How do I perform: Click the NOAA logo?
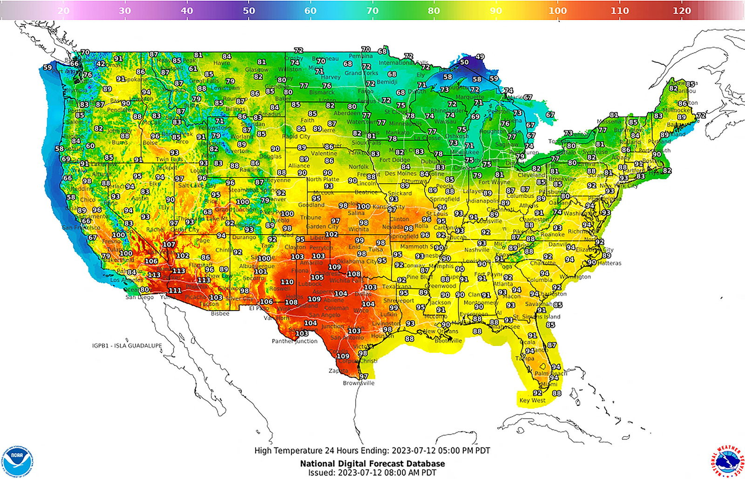(17, 461)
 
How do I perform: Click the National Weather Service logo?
(727, 461)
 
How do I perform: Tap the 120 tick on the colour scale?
(681, 11)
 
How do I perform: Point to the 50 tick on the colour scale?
(249, 11)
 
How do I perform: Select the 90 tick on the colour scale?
(496, 11)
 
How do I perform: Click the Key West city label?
(532, 400)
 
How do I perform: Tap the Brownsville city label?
(359, 383)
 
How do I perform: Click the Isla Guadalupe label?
(127, 346)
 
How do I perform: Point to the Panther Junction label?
(294, 341)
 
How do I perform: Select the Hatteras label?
(610, 263)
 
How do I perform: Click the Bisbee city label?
(220, 314)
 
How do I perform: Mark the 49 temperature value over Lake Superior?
(480, 57)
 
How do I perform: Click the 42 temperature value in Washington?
(101, 64)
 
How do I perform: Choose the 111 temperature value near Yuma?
(175, 290)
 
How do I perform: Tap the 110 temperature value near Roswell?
(287, 282)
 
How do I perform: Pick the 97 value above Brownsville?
(363, 376)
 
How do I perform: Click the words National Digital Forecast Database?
(372, 464)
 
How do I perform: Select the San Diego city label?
(140, 297)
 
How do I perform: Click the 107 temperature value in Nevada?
(169, 244)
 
